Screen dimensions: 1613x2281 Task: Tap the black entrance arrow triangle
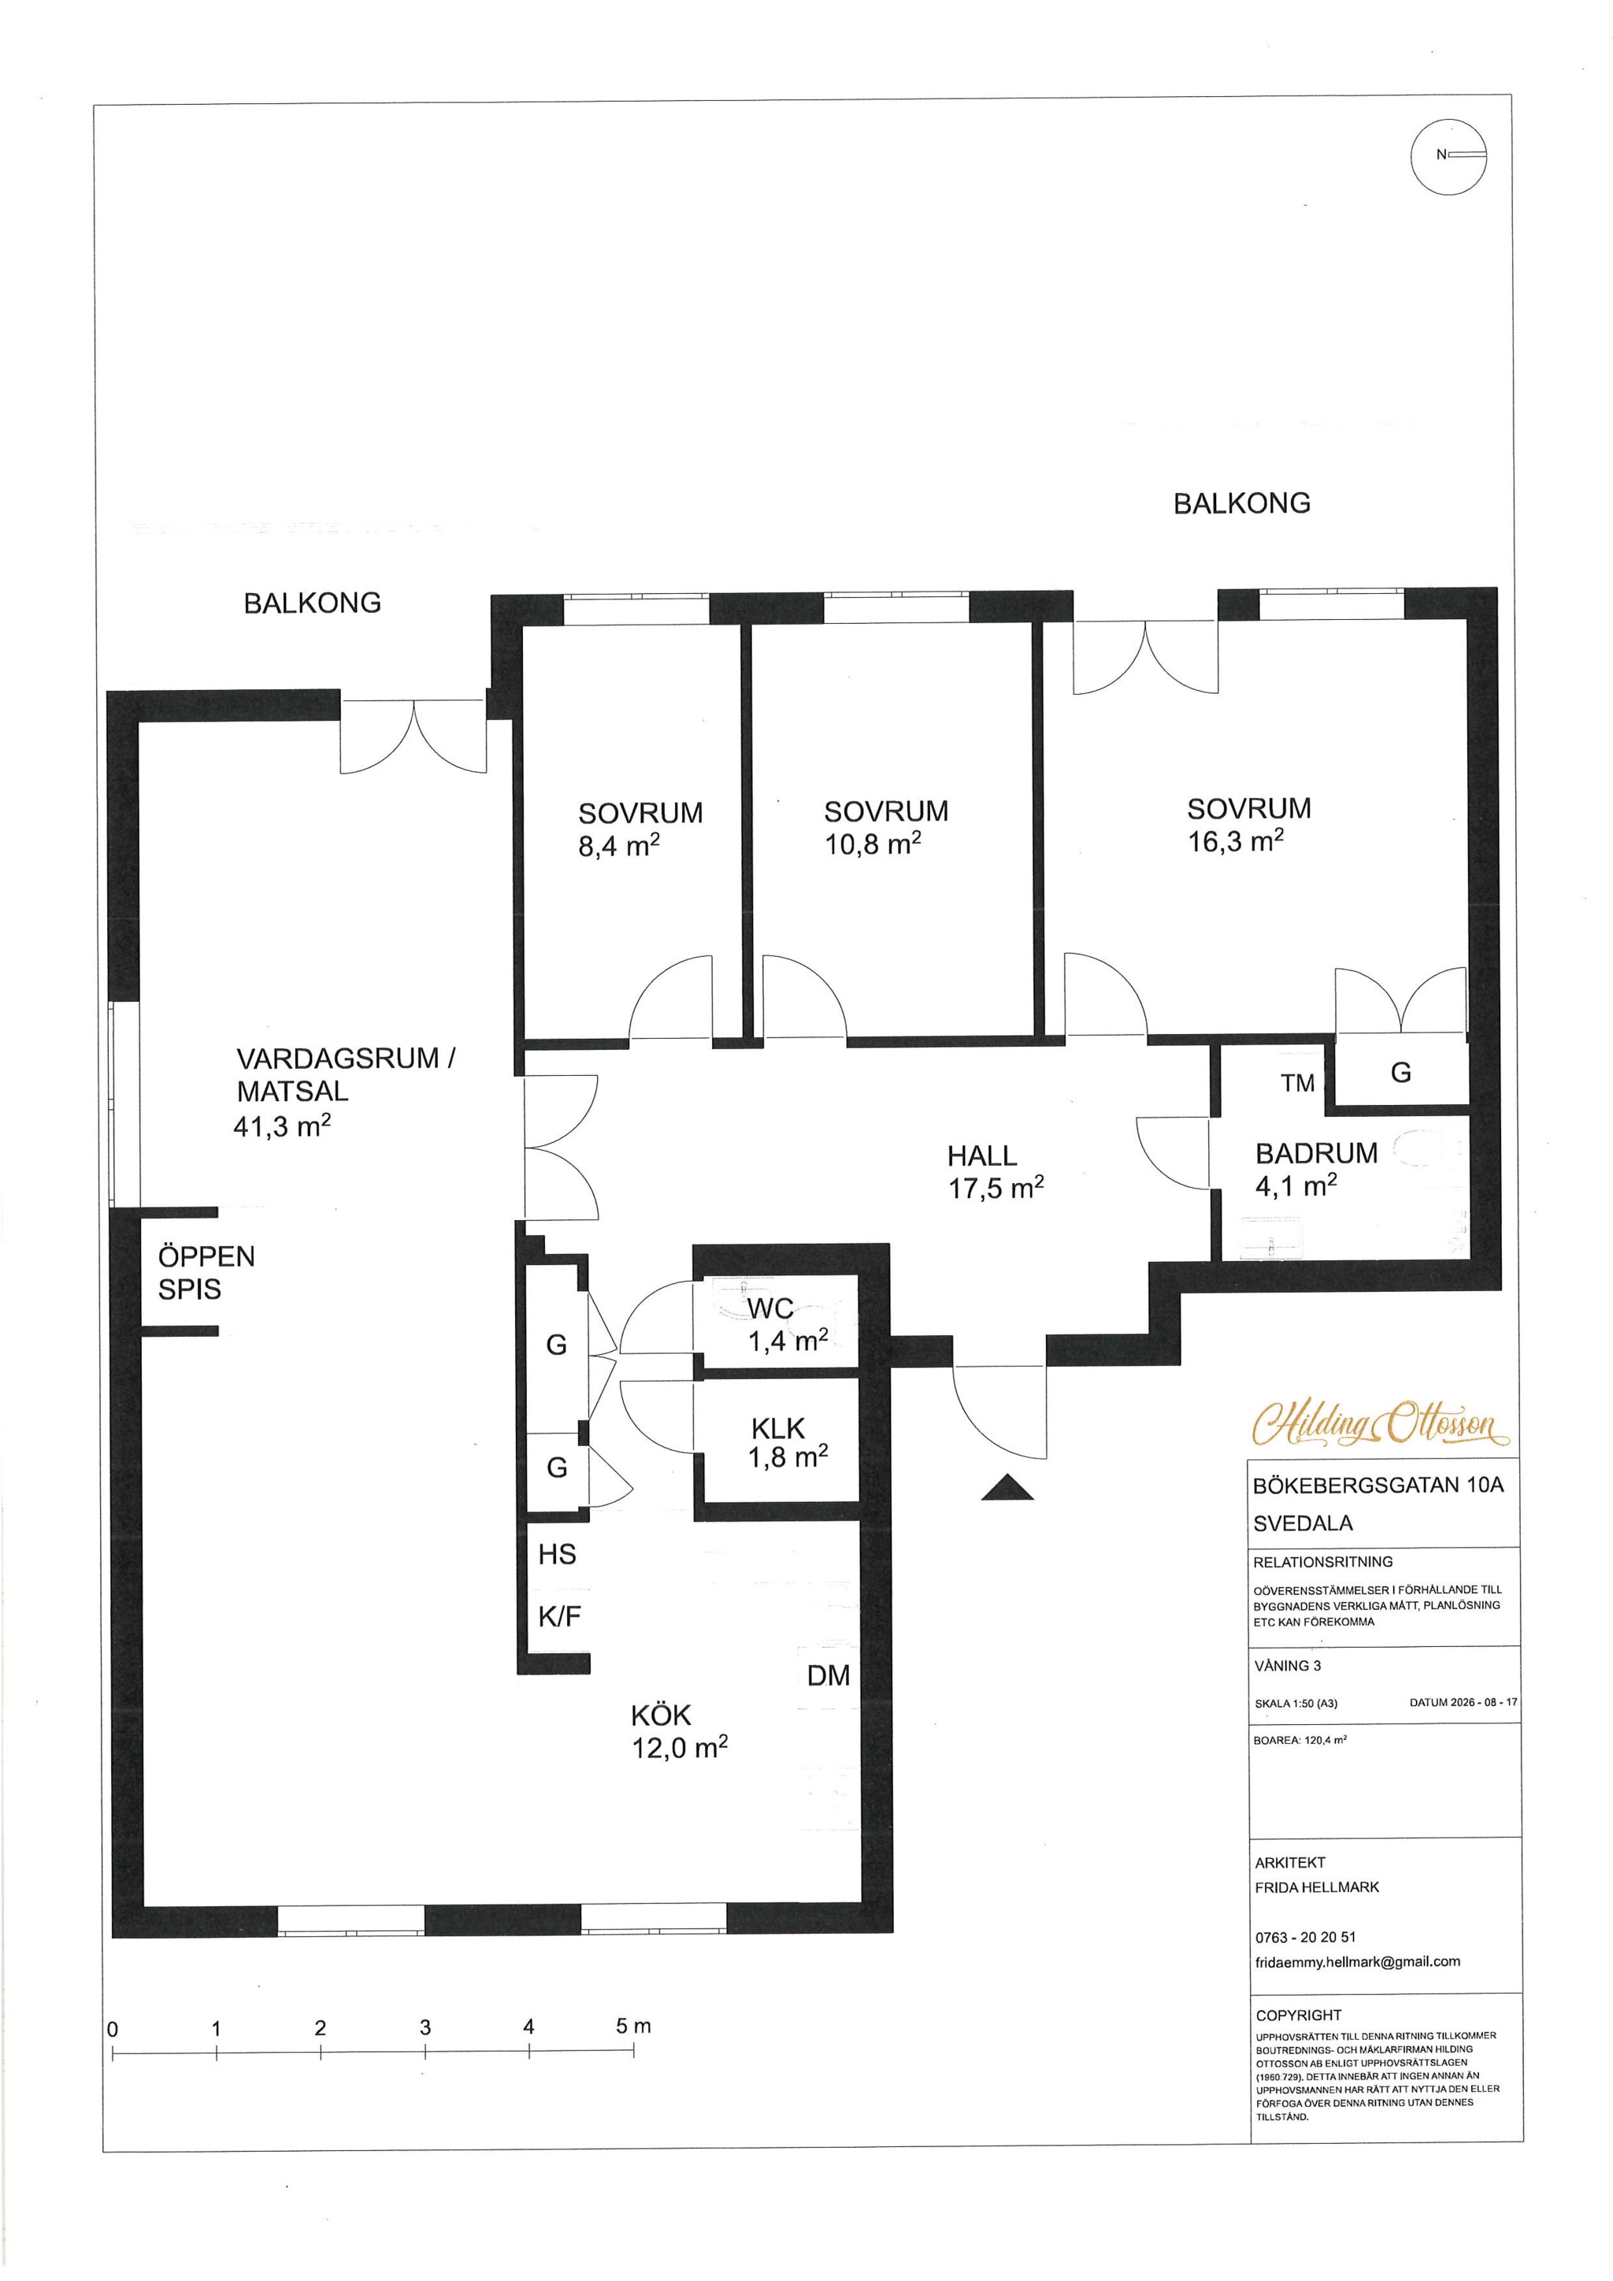(1007, 1486)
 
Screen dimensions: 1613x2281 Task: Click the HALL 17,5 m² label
(996, 1171)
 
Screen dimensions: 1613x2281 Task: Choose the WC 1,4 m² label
(787, 1323)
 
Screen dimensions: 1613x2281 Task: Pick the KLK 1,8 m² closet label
(788, 1441)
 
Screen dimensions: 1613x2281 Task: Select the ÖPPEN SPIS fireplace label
(206, 1273)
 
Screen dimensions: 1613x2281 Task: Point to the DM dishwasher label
(829, 1676)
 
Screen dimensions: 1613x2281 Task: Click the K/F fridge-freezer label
(559, 1616)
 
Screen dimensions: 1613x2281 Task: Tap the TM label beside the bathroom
(1297, 1083)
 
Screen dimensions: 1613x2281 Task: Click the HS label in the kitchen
(557, 1554)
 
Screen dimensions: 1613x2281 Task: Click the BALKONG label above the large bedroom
(1241, 503)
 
